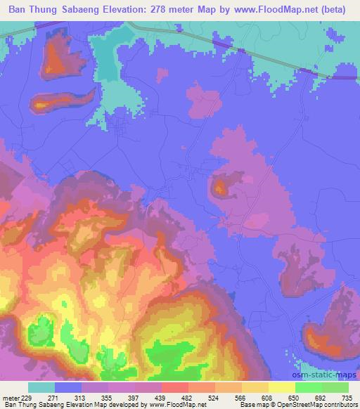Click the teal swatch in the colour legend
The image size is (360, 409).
click(x=41, y=387)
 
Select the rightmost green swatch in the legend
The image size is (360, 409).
click(x=335, y=387)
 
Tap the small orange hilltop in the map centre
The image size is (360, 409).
click(x=221, y=187)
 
